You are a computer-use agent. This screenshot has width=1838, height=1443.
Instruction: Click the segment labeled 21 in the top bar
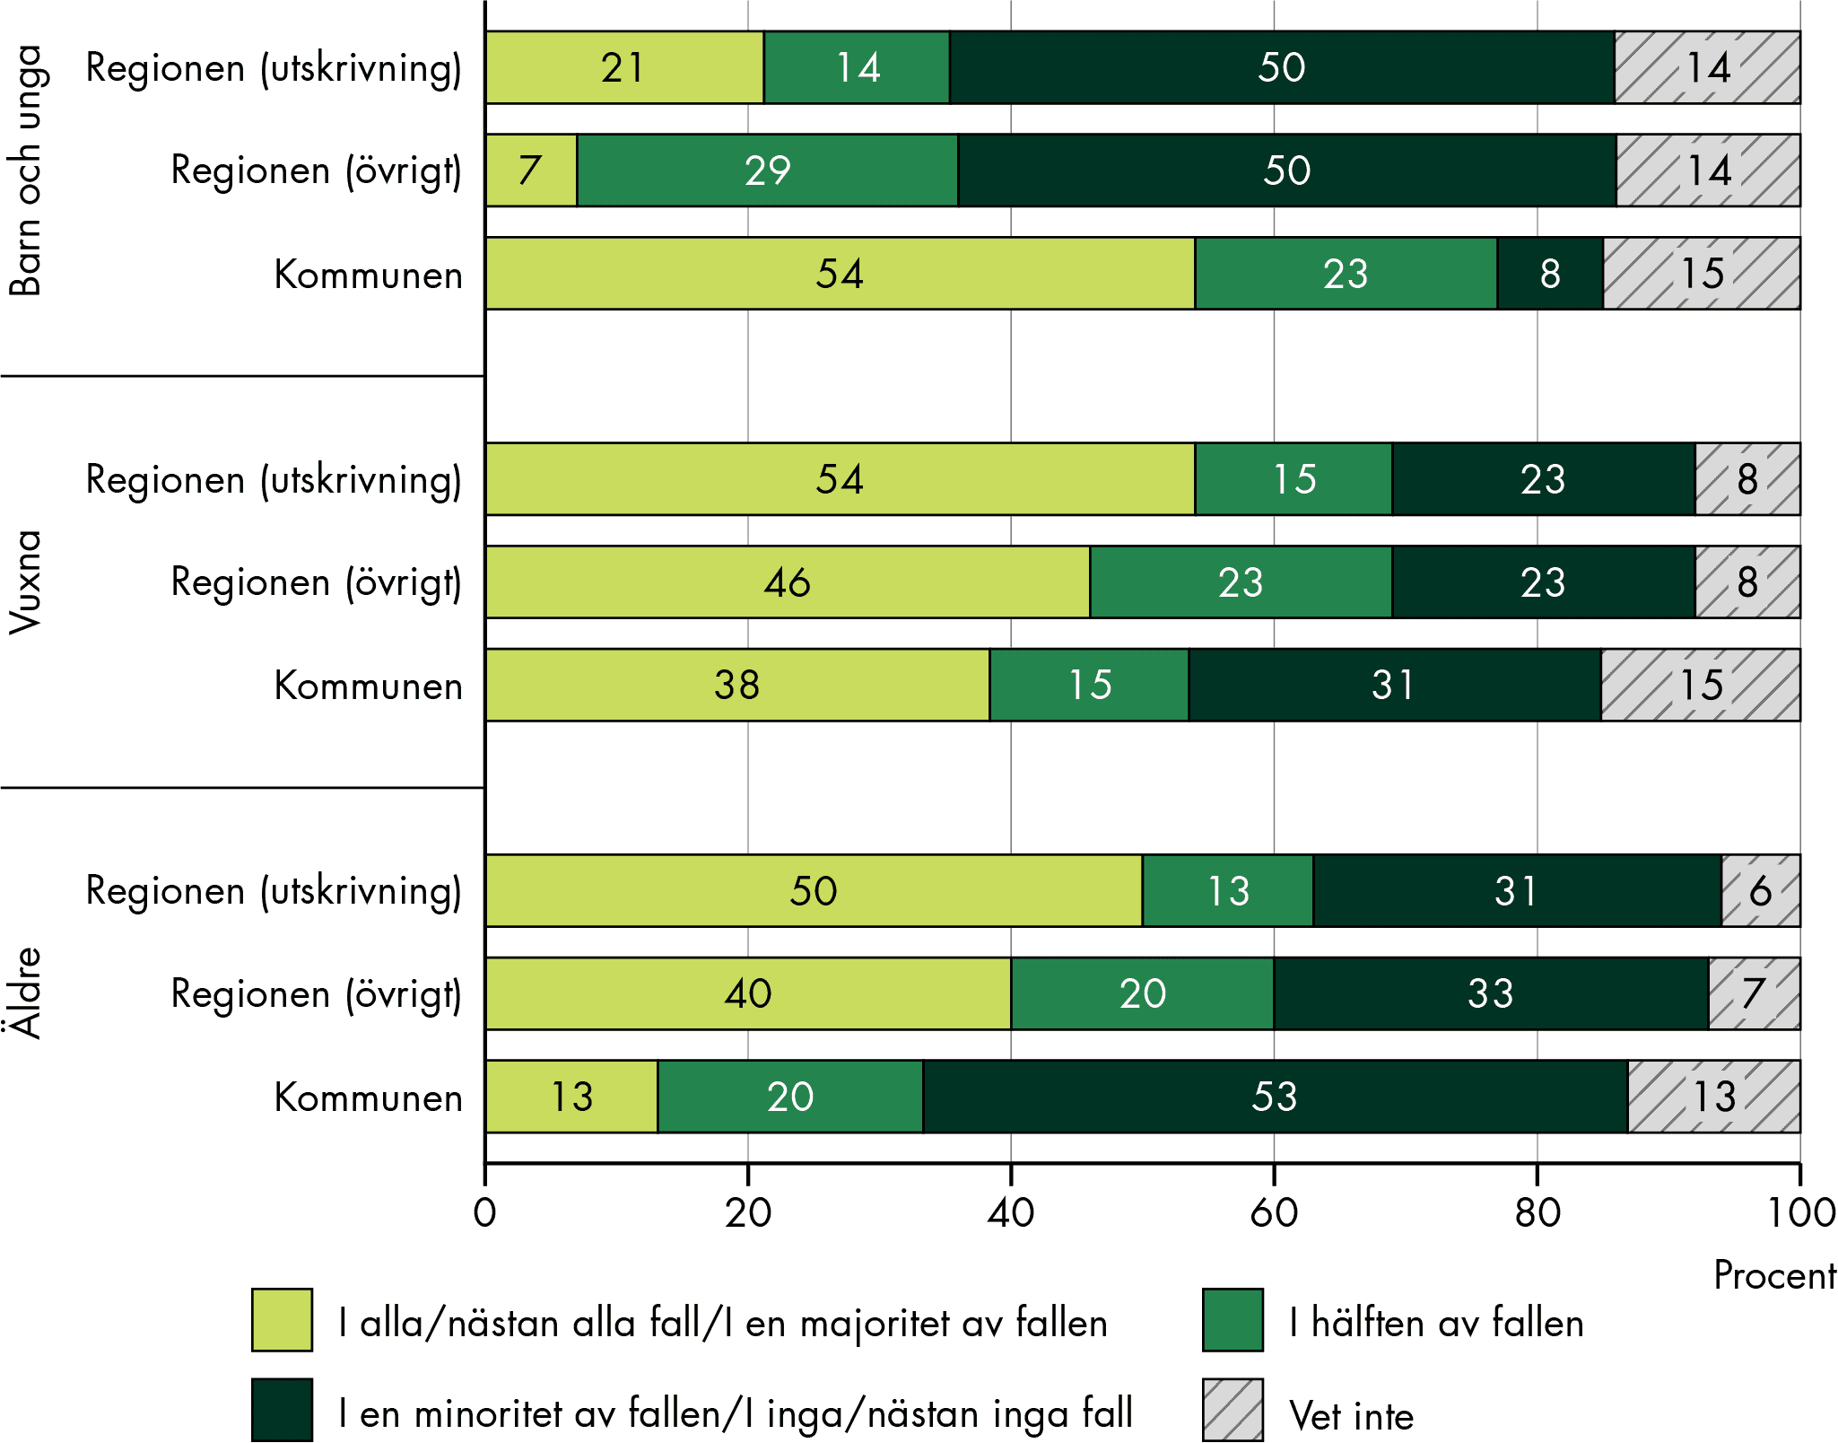624,67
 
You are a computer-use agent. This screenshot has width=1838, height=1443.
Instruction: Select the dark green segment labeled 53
1275,1097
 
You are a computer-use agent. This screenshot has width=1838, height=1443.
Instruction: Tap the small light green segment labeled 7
531,171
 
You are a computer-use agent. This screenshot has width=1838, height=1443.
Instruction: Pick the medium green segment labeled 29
768,171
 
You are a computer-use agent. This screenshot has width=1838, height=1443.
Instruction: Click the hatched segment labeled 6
1760,891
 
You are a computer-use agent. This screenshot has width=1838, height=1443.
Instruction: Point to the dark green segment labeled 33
1490,993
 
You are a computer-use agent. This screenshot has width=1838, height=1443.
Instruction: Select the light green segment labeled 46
787,582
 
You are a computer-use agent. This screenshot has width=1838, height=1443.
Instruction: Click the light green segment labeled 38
736,686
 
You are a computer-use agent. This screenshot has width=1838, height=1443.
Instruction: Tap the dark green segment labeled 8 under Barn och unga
1549,274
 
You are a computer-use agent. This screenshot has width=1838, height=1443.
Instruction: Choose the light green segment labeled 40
747,993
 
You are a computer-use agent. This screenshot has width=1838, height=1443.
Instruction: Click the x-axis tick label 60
1274,1213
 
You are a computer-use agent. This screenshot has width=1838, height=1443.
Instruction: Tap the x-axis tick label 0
485,1213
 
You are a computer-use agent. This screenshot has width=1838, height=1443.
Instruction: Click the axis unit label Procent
1773,1275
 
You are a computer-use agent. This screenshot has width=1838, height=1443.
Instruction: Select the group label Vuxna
25,582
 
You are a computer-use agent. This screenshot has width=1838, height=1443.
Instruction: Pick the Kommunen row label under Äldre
368,1098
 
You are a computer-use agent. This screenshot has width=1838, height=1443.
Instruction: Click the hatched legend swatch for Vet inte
1233,1410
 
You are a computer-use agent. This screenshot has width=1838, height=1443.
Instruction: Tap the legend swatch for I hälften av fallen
1233,1319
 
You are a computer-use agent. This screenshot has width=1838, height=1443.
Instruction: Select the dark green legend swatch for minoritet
282,1410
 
